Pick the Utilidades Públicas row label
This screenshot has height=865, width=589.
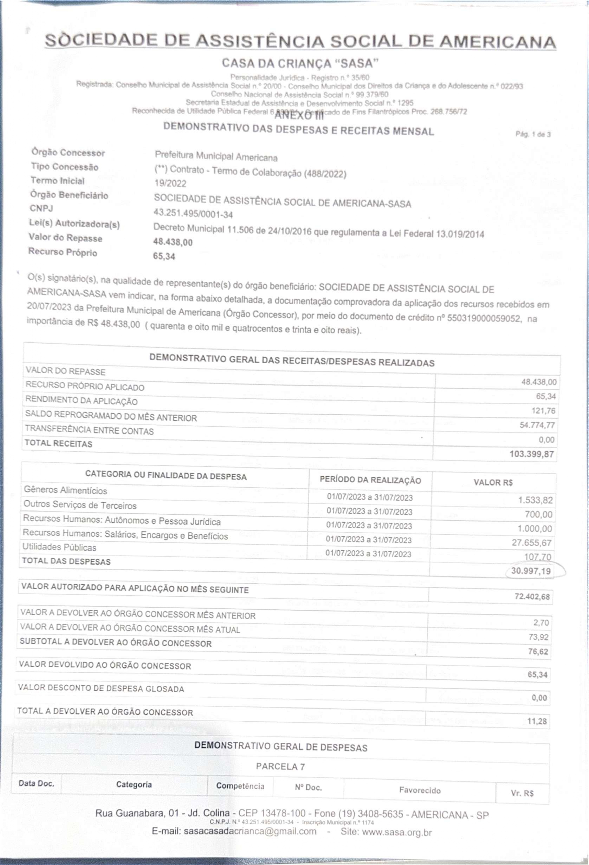pyautogui.click(x=60, y=547)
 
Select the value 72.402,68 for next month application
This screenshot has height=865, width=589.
pyautogui.click(x=532, y=597)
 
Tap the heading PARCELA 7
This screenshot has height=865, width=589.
pyautogui.click(x=280, y=766)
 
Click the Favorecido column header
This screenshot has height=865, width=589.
pyautogui.click(x=420, y=790)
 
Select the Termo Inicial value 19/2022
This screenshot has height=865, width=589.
pyautogui.click(x=170, y=184)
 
